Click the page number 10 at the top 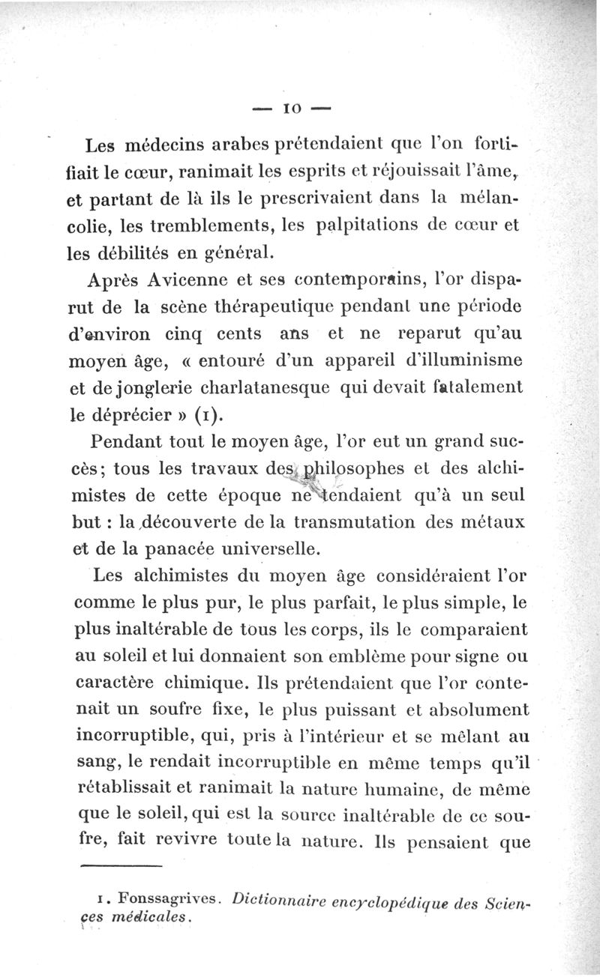click(x=289, y=109)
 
